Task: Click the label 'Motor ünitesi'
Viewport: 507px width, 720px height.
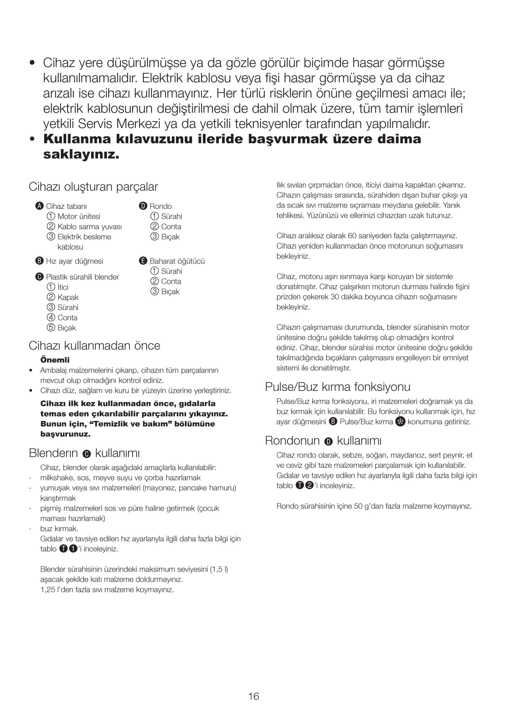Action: pyautogui.click(x=79, y=216)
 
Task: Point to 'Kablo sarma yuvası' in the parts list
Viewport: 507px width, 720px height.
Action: pyautogui.click(x=89, y=226)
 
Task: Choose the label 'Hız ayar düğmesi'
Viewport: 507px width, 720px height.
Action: pyautogui.click(x=74, y=261)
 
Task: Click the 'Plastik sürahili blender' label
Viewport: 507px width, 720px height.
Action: pyautogui.click(x=82, y=277)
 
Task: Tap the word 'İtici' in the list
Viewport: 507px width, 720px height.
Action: pyautogui.click(x=63, y=287)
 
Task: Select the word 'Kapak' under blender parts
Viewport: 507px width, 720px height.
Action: pyautogui.click(x=68, y=297)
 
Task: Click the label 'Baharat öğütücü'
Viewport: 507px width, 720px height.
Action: pyautogui.click(x=177, y=261)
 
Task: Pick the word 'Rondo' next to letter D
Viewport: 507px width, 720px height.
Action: pyautogui.click(x=161, y=206)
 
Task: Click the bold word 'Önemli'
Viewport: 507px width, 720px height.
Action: pyautogui.click(x=55, y=360)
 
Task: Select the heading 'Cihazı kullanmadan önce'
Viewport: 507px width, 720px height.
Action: pyautogui.click(x=95, y=346)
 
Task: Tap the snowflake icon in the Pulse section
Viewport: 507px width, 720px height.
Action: pyautogui.click(x=400, y=422)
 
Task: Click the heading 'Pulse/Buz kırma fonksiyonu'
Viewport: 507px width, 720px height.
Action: pyautogui.click(x=338, y=387)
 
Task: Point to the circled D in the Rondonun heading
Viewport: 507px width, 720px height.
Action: pyautogui.click(x=328, y=442)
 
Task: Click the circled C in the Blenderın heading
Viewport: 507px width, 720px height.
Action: pyautogui.click(x=87, y=454)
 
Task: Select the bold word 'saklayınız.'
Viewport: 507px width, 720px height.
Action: pyautogui.click(x=81, y=154)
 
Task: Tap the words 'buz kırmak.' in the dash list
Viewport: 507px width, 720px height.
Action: pyautogui.click(x=59, y=528)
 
